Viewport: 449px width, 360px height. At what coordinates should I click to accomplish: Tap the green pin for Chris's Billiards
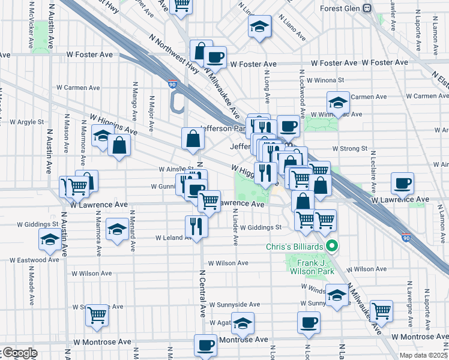(x=330, y=247)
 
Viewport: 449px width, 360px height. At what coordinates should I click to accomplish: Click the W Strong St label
(x=349, y=148)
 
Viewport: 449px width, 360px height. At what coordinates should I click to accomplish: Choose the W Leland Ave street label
(x=174, y=238)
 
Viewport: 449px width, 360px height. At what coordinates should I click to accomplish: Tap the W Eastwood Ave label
(x=34, y=260)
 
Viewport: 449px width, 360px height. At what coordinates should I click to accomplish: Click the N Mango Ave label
(x=135, y=101)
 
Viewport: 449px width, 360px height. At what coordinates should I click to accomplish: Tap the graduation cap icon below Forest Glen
(x=259, y=26)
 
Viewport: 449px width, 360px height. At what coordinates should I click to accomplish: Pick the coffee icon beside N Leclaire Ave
(x=402, y=182)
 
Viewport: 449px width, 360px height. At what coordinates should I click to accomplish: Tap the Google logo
(x=19, y=353)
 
